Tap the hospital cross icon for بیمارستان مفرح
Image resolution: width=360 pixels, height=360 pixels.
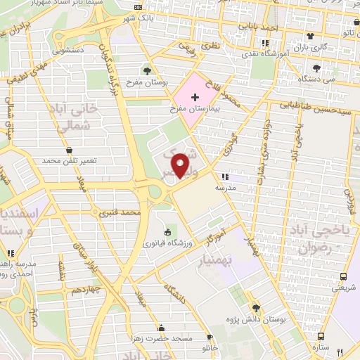195,94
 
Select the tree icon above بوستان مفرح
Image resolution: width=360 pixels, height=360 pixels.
146,70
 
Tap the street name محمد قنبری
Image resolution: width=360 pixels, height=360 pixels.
121,211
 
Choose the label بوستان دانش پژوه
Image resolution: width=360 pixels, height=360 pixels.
255,321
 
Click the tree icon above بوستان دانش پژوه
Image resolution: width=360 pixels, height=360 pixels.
255,307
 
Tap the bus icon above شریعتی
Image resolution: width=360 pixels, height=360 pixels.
344,277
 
